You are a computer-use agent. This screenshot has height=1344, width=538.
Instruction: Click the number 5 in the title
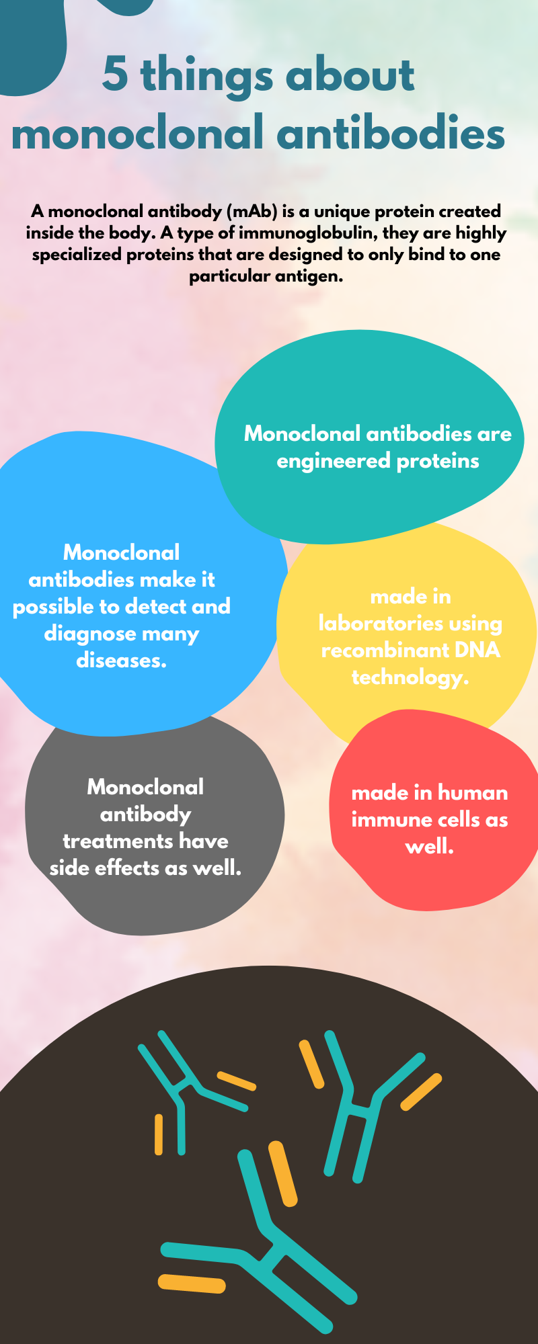click(x=115, y=74)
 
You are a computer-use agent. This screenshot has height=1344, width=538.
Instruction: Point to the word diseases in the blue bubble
click(x=122, y=661)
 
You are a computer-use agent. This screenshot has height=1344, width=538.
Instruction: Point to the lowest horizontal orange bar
click(x=192, y=1283)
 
